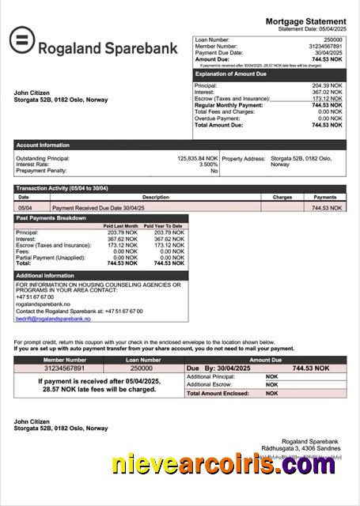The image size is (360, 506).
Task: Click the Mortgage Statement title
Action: tap(305, 21)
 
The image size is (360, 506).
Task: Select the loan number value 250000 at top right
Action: tap(333, 40)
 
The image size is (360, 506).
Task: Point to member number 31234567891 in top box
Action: tap(326, 46)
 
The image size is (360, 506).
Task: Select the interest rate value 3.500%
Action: tap(208, 164)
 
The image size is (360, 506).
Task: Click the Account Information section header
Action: tap(43, 145)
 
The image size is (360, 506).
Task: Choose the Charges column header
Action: tap(282, 197)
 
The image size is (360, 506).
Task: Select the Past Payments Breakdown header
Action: tap(51, 217)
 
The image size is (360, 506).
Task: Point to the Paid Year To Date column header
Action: tap(166, 226)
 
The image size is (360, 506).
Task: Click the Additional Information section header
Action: tap(47, 274)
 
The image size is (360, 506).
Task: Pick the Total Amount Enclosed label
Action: tap(221, 393)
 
